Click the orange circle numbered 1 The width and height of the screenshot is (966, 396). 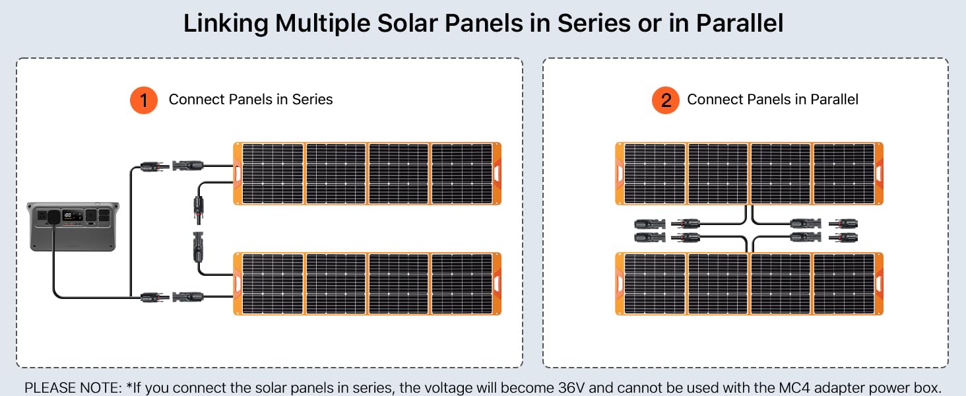pyautogui.click(x=143, y=100)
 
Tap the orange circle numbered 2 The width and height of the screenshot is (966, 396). pyautogui.click(x=666, y=100)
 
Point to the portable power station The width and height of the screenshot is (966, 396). pyautogui.click(x=73, y=226)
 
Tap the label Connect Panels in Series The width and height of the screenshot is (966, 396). pyautogui.click(x=251, y=100)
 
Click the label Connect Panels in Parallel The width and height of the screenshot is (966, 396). pyautogui.click(x=773, y=100)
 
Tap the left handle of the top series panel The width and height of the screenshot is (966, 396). pyautogui.click(x=238, y=173)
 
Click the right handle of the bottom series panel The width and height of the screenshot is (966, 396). pyautogui.click(x=496, y=282)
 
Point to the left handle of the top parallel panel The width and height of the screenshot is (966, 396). pyautogui.click(x=620, y=173)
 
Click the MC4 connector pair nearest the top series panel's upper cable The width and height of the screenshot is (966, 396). pyautogui.click(x=172, y=165)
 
